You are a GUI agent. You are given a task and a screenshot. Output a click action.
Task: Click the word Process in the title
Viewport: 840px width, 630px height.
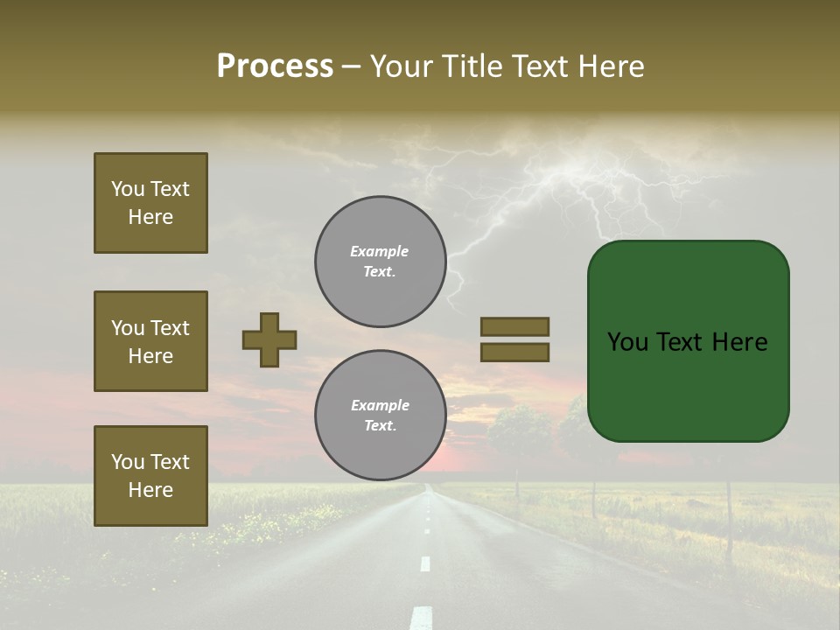pos(275,66)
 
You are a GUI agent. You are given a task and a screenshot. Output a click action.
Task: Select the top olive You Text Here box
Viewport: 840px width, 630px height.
pos(150,203)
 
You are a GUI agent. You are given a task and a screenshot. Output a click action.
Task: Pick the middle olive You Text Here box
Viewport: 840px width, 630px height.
pos(150,341)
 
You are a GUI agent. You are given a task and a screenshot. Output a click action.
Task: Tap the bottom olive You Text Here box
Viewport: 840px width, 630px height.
pos(150,476)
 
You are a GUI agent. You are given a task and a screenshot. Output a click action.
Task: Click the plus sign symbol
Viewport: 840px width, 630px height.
pos(269,339)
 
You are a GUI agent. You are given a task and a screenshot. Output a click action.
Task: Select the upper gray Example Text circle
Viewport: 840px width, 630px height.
pos(381,262)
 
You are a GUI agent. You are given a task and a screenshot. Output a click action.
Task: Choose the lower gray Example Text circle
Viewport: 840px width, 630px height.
pos(381,416)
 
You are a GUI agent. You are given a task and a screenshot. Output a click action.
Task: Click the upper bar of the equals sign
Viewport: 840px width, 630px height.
pos(515,326)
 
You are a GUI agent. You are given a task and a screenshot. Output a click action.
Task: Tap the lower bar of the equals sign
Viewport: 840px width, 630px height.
pos(515,352)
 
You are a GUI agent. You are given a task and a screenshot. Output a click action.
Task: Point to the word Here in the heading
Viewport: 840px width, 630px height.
pos(609,66)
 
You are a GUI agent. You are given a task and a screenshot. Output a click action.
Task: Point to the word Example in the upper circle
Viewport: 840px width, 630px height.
pos(379,251)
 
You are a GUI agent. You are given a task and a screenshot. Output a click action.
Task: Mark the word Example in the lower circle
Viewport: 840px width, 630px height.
pos(380,405)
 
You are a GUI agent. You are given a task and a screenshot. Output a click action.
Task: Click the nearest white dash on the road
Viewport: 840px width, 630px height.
pos(422,617)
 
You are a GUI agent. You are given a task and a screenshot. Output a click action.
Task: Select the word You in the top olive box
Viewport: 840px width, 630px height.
pos(128,189)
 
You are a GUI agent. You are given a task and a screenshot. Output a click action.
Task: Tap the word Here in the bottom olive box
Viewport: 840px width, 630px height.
pos(150,490)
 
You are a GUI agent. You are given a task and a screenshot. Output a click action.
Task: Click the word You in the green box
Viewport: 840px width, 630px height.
pos(628,342)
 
